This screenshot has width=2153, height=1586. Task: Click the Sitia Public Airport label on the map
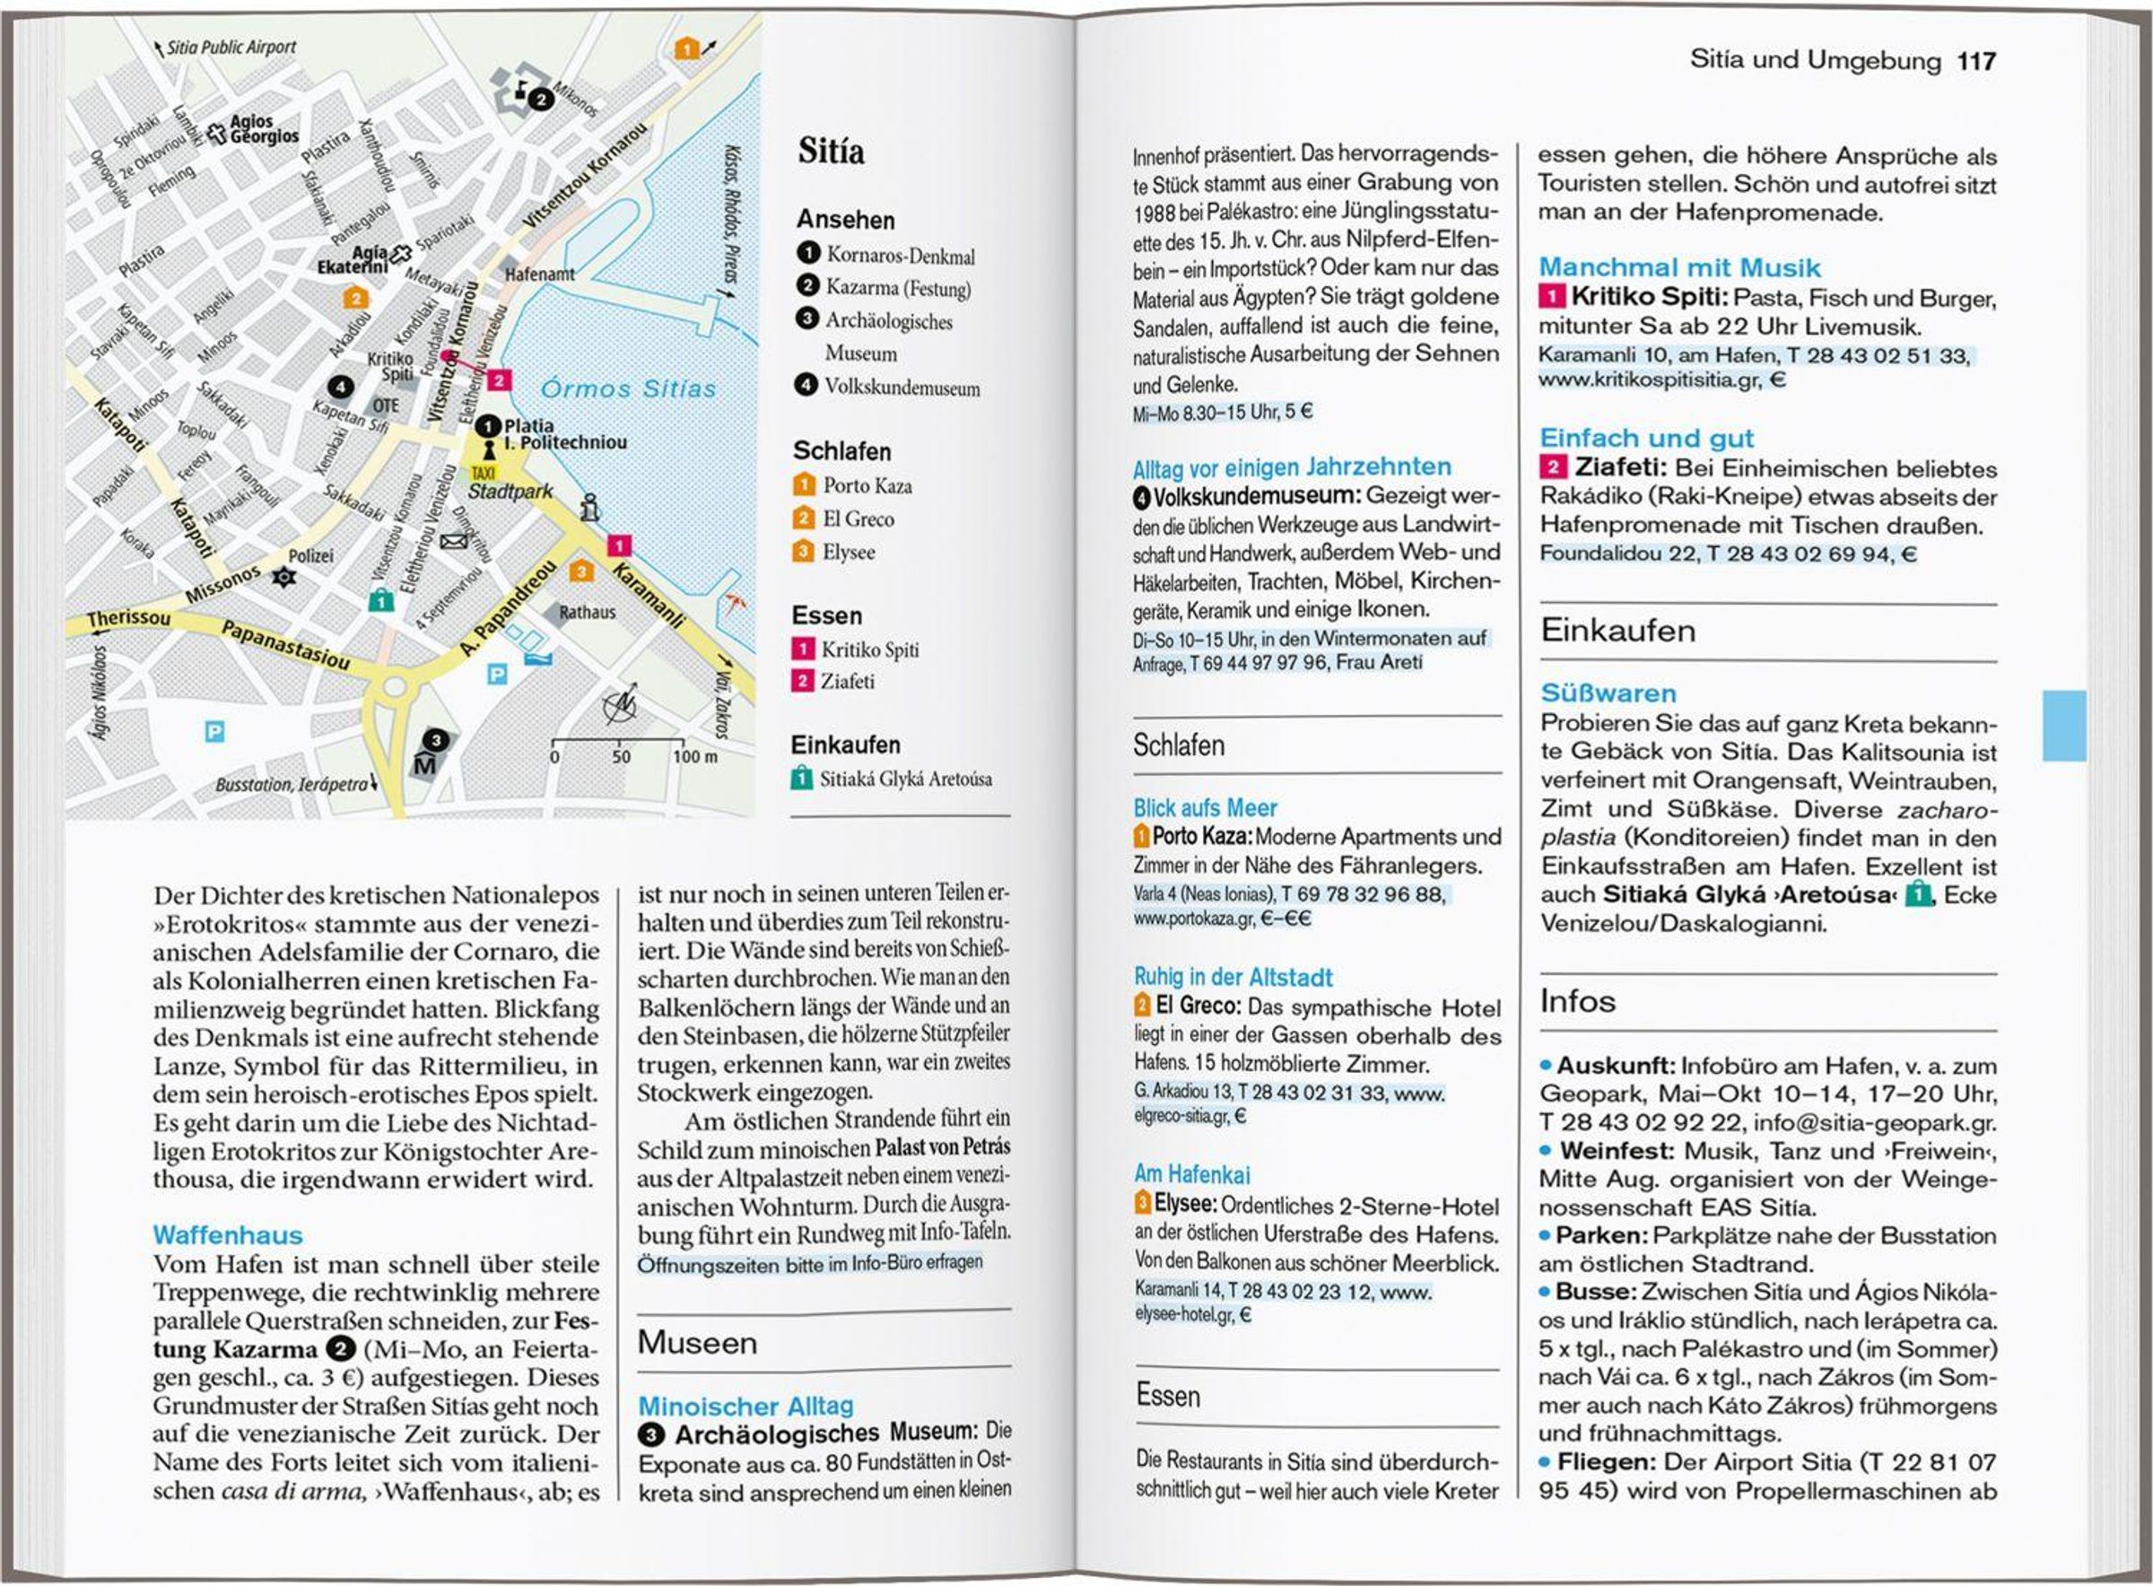[x=231, y=47]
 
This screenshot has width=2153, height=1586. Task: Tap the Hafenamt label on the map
[x=539, y=274]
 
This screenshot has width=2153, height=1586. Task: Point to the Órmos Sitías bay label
[x=629, y=388]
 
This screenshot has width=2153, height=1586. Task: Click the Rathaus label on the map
[x=588, y=612]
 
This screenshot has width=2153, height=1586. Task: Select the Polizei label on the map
[x=311, y=556]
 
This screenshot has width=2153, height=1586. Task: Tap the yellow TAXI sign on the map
[x=483, y=474]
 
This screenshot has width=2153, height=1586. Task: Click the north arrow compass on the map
[x=620, y=706]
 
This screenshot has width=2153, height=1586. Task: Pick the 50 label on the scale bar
[x=621, y=756]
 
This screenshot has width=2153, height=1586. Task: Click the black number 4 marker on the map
[x=340, y=387]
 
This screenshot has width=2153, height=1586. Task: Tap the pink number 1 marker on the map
[x=619, y=545]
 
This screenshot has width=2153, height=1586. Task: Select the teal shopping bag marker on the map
[x=381, y=600]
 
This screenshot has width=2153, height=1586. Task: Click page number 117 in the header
[x=1976, y=61]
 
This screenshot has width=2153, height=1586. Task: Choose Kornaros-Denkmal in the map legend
[x=900, y=256]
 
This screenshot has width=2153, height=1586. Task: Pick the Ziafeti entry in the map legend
[x=847, y=682]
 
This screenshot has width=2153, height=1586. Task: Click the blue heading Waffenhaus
[x=228, y=1234]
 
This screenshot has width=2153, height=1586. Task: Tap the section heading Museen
[x=697, y=1342]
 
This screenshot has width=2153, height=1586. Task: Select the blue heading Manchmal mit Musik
[x=1678, y=267]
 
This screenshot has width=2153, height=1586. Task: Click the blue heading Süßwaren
[x=1608, y=693]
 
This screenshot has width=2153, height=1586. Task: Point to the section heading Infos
[x=1577, y=1001]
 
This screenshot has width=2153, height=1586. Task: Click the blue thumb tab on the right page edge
[x=2063, y=725]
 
